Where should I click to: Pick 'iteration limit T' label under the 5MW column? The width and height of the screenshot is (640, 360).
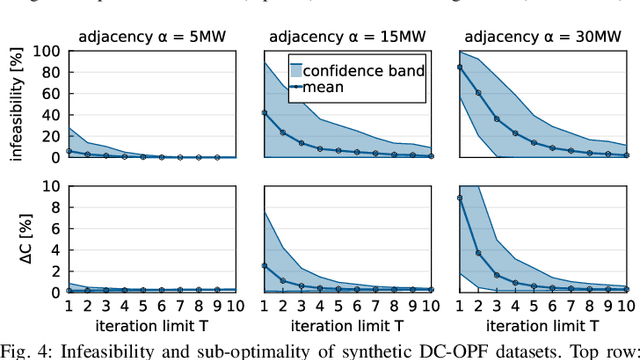pyautogui.click(x=153, y=326)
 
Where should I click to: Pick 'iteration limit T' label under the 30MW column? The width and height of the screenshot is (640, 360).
pyautogui.click(x=544, y=326)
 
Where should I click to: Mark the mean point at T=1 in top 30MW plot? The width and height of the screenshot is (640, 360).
pyautogui.click(x=460, y=67)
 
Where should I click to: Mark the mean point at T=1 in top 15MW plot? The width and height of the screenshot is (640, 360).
pyautogui.click(x=265, y=112)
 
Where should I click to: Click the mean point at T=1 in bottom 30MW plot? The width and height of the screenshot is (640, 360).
pyautogui.click(x=460, y=198)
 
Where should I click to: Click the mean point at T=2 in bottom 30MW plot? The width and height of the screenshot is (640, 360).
pyautogui.click(x=479, y=253)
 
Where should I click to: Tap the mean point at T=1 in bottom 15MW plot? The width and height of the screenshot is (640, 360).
pyautogui.click(x=265, y=266)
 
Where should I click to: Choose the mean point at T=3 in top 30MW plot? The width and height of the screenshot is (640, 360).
pyautogui.click(x=497, y=119)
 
